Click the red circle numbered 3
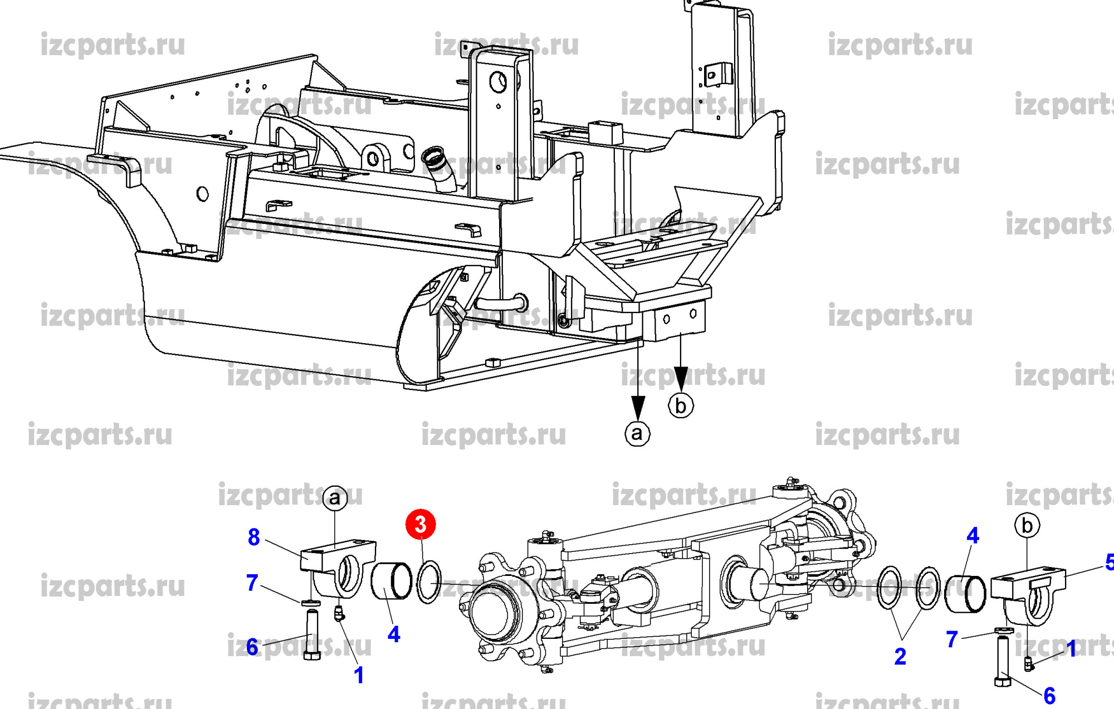point(421,524)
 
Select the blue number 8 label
point(254,537)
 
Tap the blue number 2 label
point(900,657)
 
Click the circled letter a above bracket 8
point(335,497)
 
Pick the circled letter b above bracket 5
point(1027,525)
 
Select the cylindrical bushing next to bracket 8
point(392,581)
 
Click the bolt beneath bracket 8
point(311,635)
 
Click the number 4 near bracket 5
point(973,536)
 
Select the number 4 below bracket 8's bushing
point(394,634)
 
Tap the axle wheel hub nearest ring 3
point(496,613)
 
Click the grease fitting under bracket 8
point(339,614)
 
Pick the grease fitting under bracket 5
point(1029,663)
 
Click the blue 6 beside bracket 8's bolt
point(252,647)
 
